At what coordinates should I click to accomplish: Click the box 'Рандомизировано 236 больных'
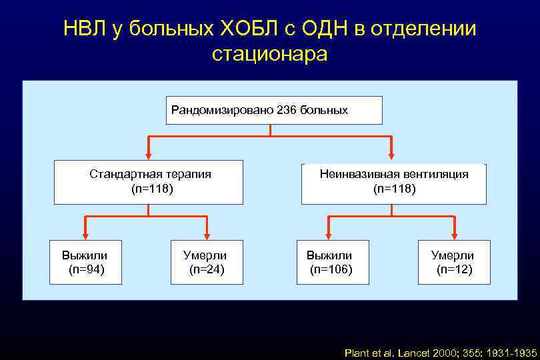[x=273, y=110]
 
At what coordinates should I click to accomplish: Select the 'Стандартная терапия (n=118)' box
[x=149, y=181]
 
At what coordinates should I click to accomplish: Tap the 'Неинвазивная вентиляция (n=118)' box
[x=394, y=181]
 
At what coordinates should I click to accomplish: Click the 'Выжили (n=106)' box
[x=329, y=262]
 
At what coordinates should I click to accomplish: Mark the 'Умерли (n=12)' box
[x=454, y=262]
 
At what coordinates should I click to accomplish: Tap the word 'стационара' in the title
[x=270, y=53]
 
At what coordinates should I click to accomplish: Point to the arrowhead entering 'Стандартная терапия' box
[x=149, y=155]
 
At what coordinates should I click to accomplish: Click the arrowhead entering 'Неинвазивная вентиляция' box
[x=391, y=155]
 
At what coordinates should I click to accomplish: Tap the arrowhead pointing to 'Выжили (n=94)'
[x=85, y=235]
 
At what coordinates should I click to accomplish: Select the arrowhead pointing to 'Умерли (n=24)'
[x=207, y=235]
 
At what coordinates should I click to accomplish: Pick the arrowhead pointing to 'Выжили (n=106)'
[x=327, y=235]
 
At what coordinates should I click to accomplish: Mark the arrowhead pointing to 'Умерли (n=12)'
[x=454, y=235]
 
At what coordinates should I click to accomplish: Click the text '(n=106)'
[x=331, y=269]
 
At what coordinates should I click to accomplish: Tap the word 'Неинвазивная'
[x=355, y=174]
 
